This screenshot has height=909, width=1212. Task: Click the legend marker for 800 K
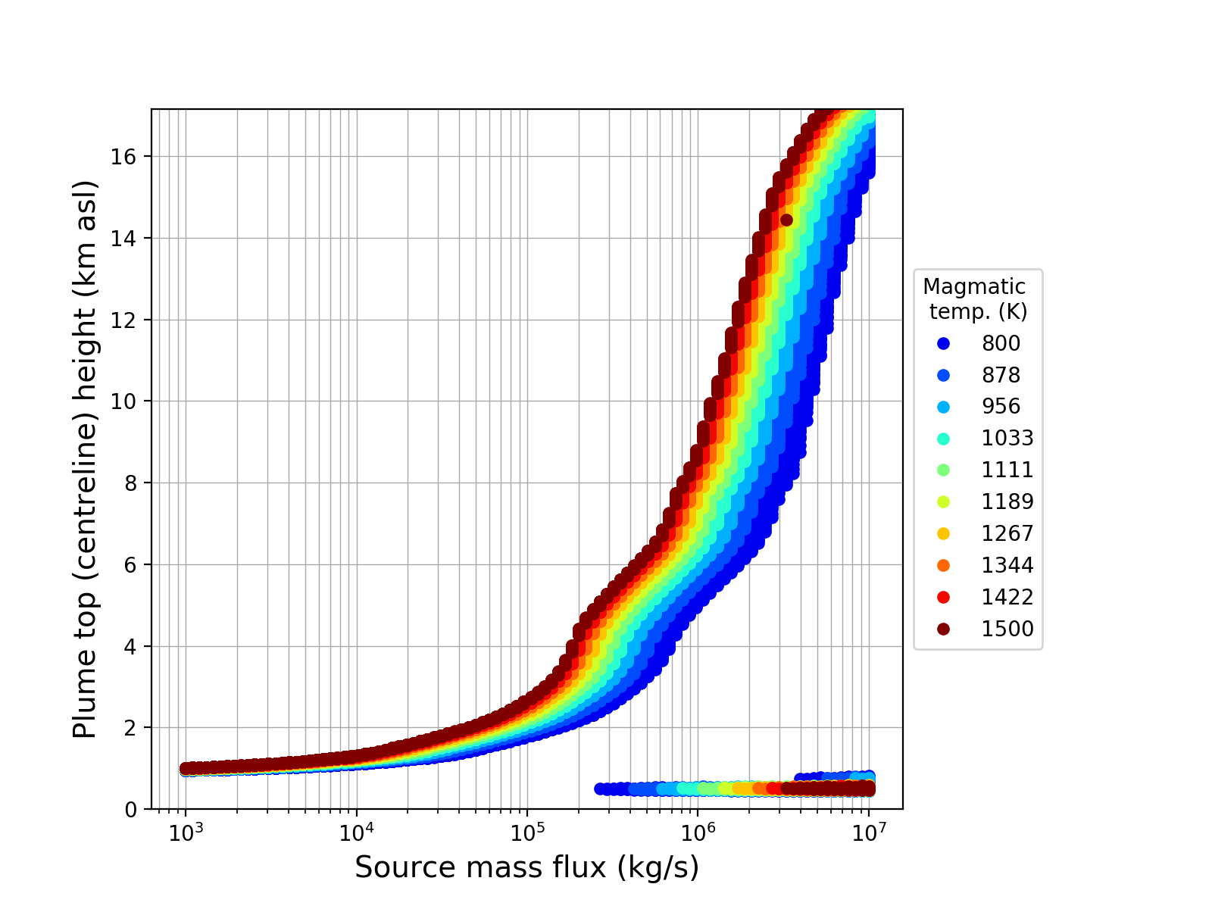[x=943, y=343]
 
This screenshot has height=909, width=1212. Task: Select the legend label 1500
[x=1007, y=629]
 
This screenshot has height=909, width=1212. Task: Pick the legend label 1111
[x=1007, y=470]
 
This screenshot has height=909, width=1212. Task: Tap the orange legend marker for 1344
[x=943, y=565]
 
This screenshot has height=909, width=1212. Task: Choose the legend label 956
[x=1001, y=407]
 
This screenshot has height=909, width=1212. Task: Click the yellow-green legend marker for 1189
[x=943, y=501]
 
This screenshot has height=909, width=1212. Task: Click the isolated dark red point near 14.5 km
[x=786, y=220]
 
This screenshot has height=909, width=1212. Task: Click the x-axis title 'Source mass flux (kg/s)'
[x=526, y=868]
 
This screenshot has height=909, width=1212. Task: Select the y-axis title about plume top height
[x=86, y=459]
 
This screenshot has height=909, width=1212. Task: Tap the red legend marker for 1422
[x=943, y=597]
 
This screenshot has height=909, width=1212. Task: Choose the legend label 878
[x=1001, y=375]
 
